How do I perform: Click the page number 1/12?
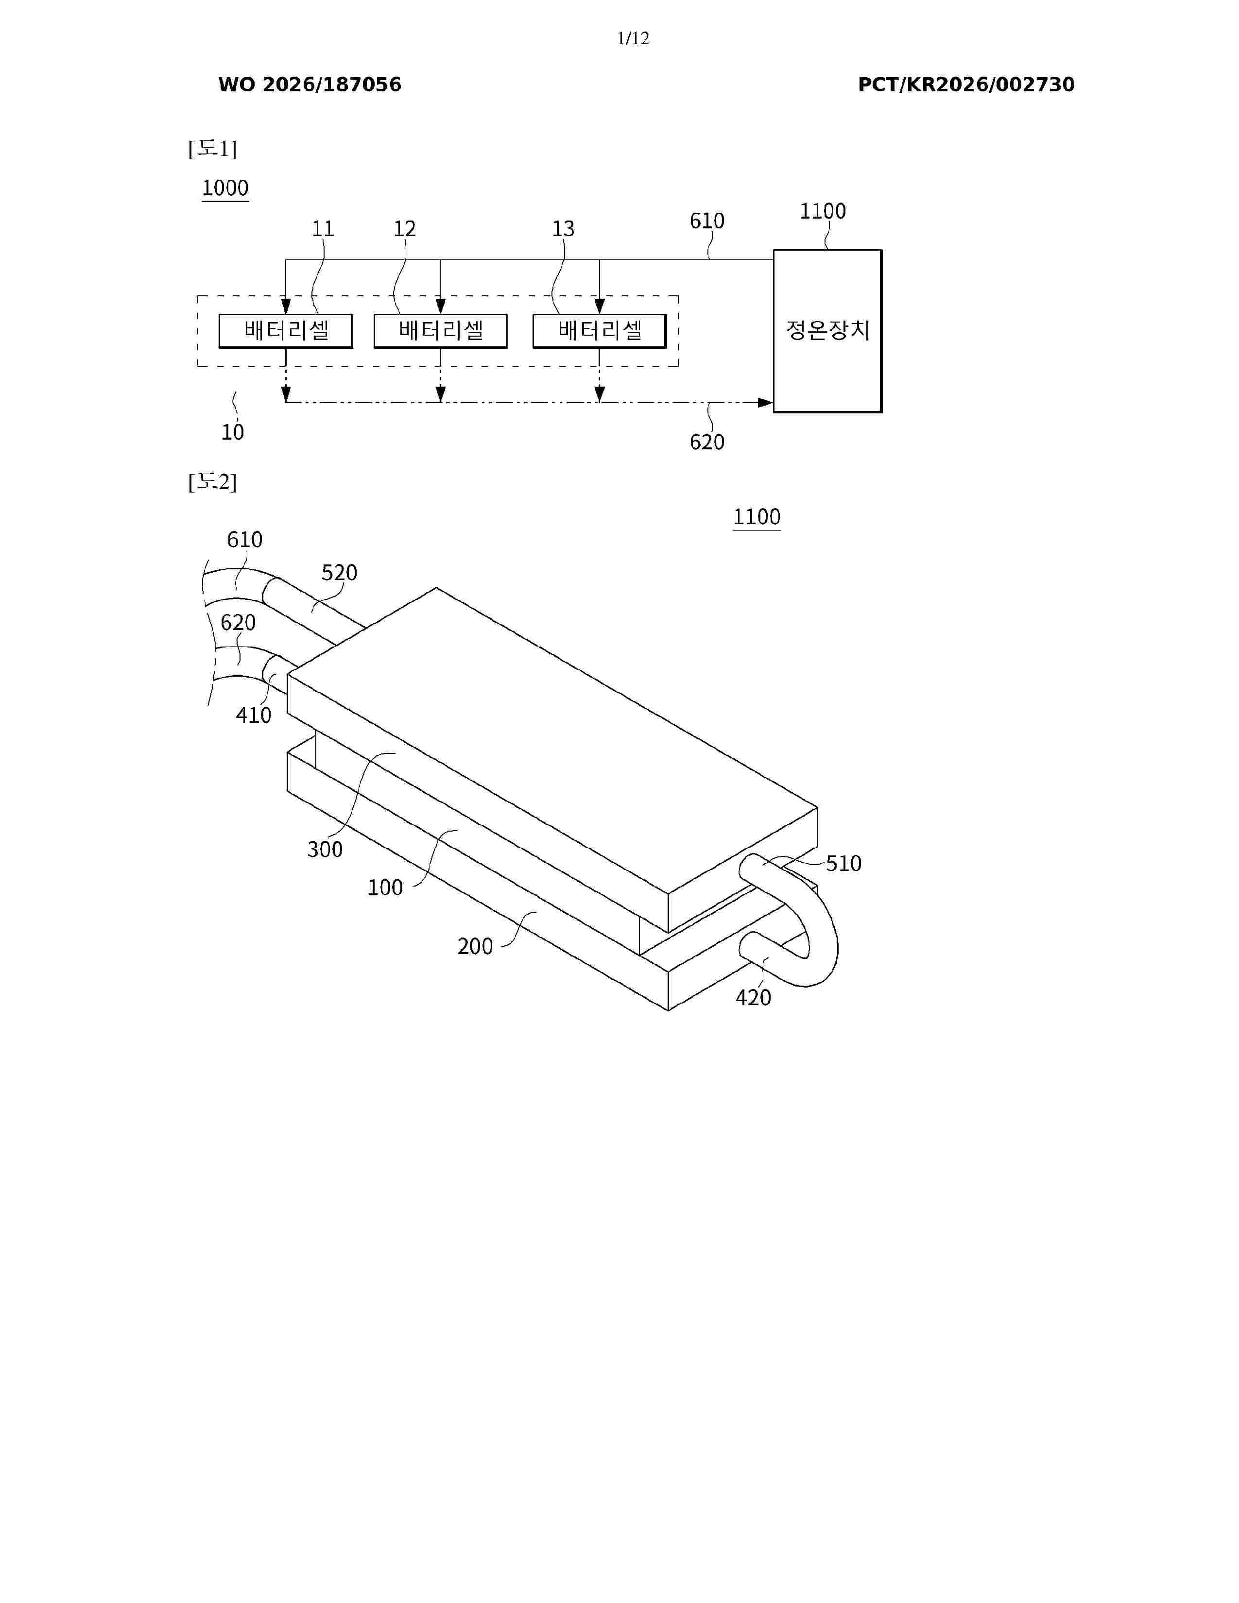click(x=633, y=38)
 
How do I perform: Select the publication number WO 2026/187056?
click(x=310, y=85)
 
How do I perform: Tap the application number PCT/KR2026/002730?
click(x=966, y=85)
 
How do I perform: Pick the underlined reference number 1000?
click(x=225, y=188)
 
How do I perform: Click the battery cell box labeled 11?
click(x=286, y=331)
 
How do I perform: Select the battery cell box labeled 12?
click(x=440, y=331)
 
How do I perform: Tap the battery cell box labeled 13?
click(x=600, y=331)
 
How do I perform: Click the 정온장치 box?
click(x=828, y=331)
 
